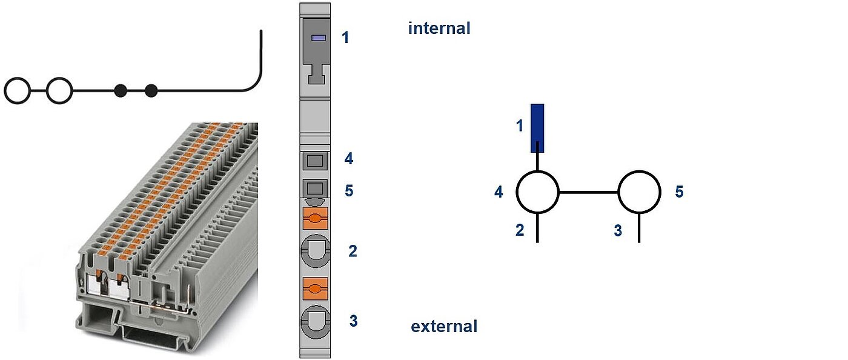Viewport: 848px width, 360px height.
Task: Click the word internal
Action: tap(439, 28)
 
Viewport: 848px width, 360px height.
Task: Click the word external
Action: tap(444, 327)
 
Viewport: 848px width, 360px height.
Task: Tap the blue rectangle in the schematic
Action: tap(537, 128)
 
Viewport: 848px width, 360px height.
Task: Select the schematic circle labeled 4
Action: tap(537, 192)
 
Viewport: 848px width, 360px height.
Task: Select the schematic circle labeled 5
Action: tap(639, 192)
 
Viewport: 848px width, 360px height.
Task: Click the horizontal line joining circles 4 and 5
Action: tap(588, 192)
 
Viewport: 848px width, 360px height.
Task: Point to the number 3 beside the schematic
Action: tap(618, 231)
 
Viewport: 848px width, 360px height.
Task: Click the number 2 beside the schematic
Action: tap(520, 231)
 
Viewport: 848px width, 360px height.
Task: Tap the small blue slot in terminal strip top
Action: tap(319, 38)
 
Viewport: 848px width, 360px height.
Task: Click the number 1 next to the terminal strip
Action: tap(345, 38)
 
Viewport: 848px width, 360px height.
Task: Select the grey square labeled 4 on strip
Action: tap(314, 161)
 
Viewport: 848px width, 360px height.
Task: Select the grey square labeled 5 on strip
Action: tap(314, 188)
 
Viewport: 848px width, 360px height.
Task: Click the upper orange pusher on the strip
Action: tap(315, 218)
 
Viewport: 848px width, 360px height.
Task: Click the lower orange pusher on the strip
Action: tap(315, 289)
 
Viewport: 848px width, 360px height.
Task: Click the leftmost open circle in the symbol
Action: tap(17, 91)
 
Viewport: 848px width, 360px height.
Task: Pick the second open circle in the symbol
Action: tap(59, 91)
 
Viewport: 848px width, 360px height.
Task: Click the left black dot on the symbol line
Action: tap(121, 91)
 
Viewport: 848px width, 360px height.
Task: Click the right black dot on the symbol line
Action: tap(151, 91)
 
